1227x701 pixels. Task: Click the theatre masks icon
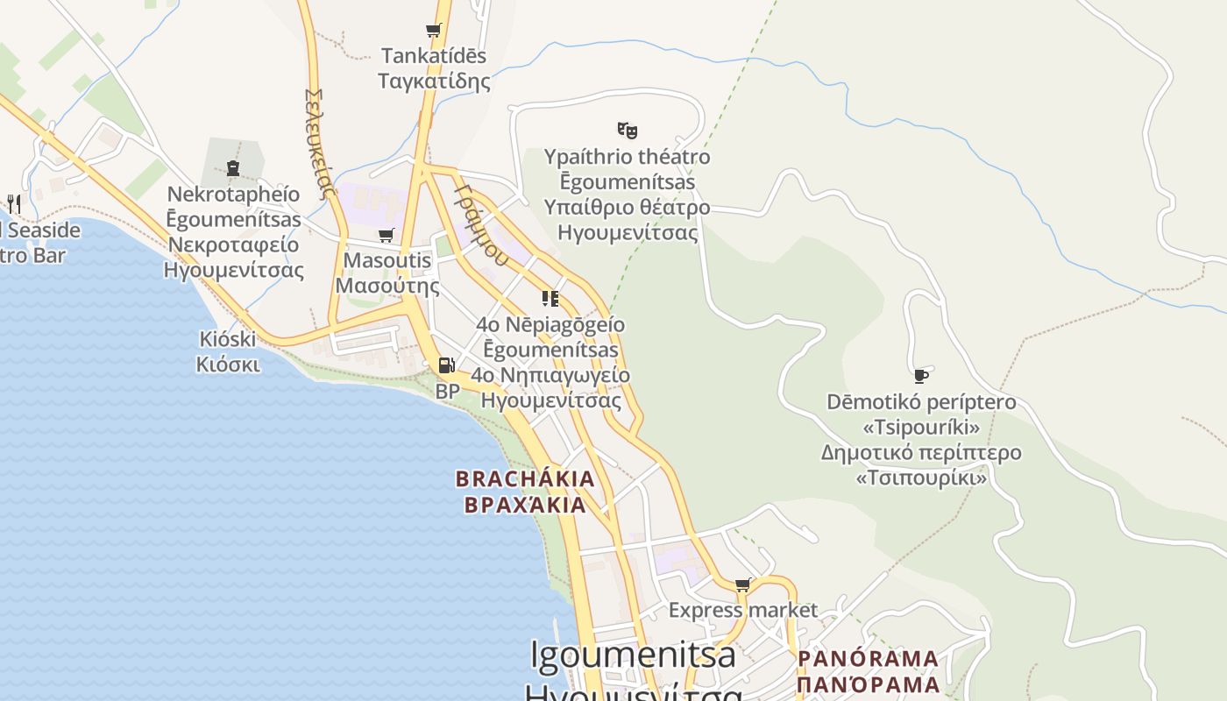[627, 131]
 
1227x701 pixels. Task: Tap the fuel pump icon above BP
[446, 365]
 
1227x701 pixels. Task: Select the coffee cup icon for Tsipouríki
[920, 376]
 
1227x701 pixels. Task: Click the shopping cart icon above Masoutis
[386, 235]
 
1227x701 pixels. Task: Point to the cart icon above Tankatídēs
[433, 31]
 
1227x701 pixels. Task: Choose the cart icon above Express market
[743, 584]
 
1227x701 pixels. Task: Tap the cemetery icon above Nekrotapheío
[233, 167]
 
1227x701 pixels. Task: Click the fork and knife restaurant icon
[13, 204]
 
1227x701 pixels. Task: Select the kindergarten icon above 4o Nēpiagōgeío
[550, 299]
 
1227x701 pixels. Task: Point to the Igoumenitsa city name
[633, 655]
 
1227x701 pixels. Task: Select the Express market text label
[742, 610]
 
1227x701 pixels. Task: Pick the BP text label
[447, 392]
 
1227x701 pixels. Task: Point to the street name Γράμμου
[481, 223]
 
